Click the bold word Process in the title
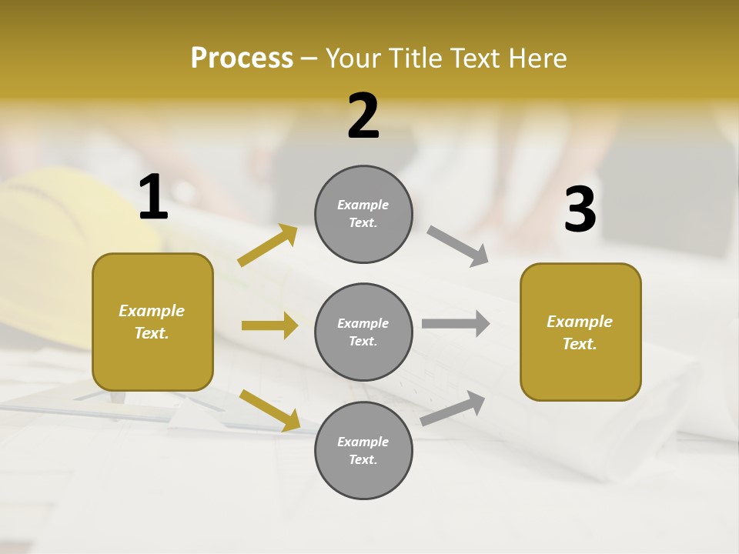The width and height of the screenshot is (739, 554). (x=242, y=58)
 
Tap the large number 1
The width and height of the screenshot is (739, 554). (x=153, y=198)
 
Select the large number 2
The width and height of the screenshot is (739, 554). (x=363, y=116)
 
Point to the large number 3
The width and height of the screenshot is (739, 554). (x=580, y=210)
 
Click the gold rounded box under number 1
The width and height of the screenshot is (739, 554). (x=152, y=322)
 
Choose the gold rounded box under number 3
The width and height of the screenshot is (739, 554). (x=580, y=332)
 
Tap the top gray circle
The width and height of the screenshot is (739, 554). (x=363, y=214)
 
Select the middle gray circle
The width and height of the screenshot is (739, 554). (x=363, y=332)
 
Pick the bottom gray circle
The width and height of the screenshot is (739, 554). (x=363, y=450)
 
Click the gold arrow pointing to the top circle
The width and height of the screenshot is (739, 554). (x=267, y=245)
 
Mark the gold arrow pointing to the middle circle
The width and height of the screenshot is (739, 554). (x=269, y=325)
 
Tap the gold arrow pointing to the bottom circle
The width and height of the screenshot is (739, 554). (x=269, y=410)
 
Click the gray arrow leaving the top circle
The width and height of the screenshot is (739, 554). (x=458, y=246)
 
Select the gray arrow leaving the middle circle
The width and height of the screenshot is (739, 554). (x=456, y=323)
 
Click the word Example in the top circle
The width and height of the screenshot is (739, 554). (x=363, y=205)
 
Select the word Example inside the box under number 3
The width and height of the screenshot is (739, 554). (x=580, y=322)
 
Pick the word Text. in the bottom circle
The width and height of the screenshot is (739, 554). (x=363, y=459)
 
